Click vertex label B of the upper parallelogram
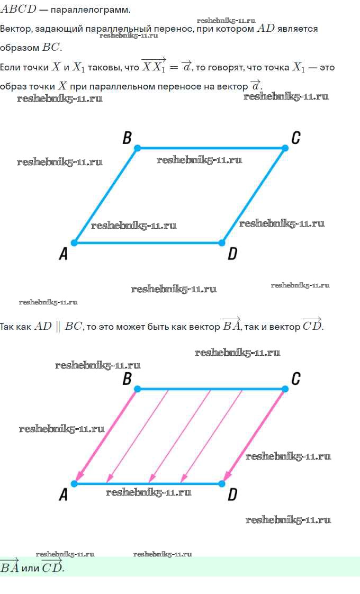(127, 138)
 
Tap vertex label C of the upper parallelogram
(296, 138)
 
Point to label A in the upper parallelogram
(64, 253)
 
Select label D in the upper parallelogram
(232, 253)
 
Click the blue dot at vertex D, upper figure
(222, 242)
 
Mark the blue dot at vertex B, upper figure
(138, 148)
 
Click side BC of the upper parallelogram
(211, 148)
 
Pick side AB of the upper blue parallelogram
(106, 195)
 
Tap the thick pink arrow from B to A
(106, 436)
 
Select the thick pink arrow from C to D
(254, 436)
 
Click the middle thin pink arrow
(180, 436)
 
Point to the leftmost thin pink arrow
(138, 436)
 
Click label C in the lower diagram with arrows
(296, 379)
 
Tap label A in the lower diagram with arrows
(64, 494)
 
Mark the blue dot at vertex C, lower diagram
(285, 389)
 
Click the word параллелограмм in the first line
(90, 10)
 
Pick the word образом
(20, 48)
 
